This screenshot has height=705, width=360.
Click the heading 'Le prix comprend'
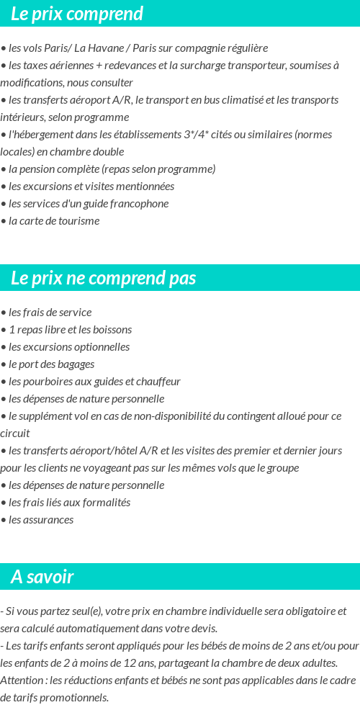(x=77, y=14)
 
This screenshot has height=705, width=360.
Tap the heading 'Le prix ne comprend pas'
(x=103, y=278)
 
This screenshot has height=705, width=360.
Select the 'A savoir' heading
(x=42, y=577)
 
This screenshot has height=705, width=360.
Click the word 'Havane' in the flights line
(x=105, y=48)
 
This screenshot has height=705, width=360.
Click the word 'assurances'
(x=46, y=520)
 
